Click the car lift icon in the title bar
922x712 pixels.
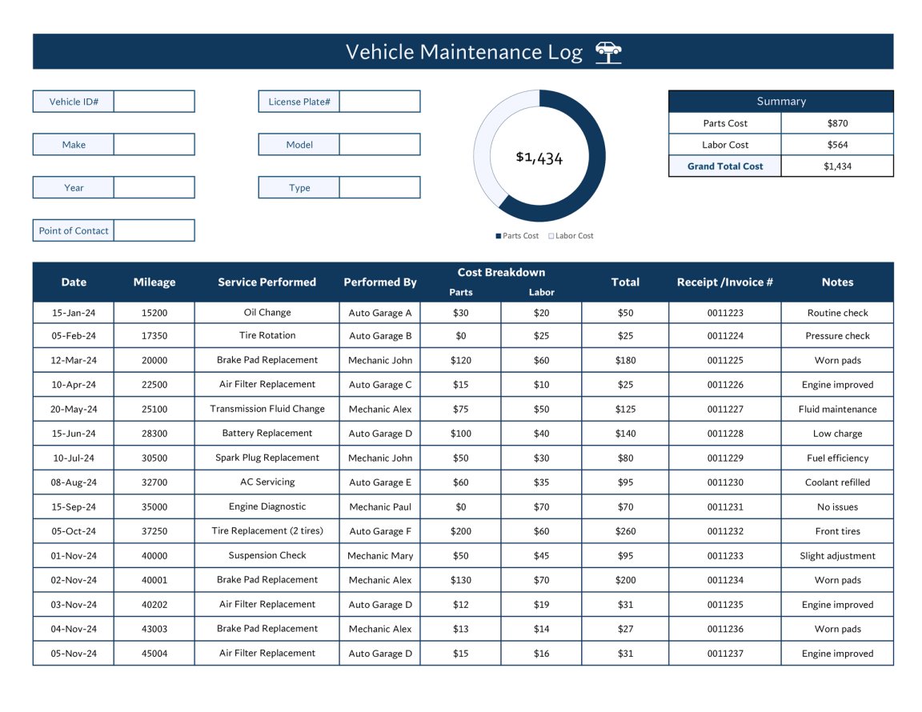click(608, 52)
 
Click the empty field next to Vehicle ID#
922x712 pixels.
click(154, 102)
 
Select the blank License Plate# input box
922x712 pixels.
click(379, 102)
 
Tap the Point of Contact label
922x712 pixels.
click(74, 230)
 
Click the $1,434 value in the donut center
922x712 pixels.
click(539, 158)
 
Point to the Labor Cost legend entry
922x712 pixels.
click(571, 236)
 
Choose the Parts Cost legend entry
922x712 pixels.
click(517, 236)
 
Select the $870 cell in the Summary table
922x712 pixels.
click(837, 123)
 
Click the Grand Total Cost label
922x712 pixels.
click(725, 166)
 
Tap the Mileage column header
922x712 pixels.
click(154, 282)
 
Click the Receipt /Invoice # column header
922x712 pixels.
click(725, 282)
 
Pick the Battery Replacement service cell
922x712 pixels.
click(267, 433)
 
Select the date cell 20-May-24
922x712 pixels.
click(74, 409)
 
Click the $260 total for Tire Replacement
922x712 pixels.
click(625, 531)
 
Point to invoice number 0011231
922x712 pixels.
click(725, 506)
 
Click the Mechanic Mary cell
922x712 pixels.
click(380, 555)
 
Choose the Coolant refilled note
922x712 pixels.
click(837, 482)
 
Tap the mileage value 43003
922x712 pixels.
click(154, 629)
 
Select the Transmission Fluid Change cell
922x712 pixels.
click(267, 409)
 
